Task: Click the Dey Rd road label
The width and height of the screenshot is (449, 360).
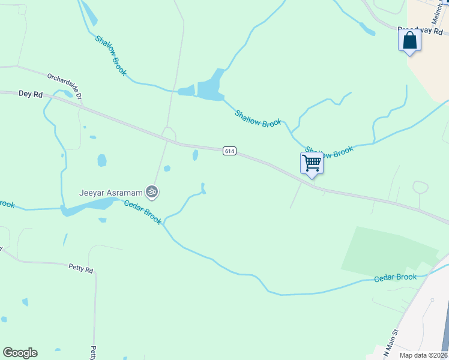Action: pos(31,94)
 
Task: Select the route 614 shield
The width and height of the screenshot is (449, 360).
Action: pos(229,151)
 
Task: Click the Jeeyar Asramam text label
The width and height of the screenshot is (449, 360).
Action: pos(111,193)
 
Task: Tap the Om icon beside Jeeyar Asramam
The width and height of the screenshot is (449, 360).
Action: pos(152,192)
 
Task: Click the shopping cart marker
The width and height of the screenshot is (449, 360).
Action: pos(312,163)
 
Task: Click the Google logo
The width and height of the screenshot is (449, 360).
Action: pos(20,353)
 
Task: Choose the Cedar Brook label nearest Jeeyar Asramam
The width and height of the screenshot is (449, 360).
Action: pos(143,212)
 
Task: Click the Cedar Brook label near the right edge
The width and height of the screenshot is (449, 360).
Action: pos(395,278)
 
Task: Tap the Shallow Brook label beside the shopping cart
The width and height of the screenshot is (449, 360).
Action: pos(329,151)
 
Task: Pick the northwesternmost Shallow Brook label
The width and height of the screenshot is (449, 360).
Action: pos(111,55)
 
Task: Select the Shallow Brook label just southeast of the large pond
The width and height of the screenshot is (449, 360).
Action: pos(258,118)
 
